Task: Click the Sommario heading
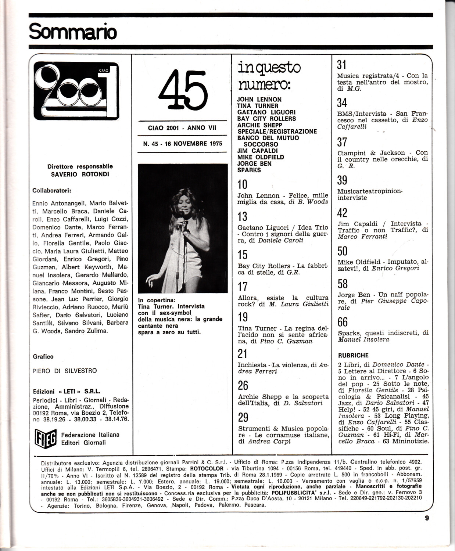click(x=73, y=32)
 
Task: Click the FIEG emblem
click(x=44, y=438)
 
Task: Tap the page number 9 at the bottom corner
click(x=427, y=518)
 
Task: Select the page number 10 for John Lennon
click(x=243, y=184)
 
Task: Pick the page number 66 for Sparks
click(x=343, y=322)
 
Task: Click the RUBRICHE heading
click(x=353, y=355)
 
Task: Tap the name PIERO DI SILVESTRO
click(x=65, y=371)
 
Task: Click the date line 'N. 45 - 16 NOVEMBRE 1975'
click(x=183, y=144)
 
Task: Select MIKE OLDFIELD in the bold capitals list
click(x=260, y=157)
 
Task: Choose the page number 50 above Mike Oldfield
click(x=343, y=251)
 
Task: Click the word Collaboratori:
click(x=52, y=191)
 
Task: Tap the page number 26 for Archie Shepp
click(x=243, y=385)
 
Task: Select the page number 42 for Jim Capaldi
click(x=342, y=213)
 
